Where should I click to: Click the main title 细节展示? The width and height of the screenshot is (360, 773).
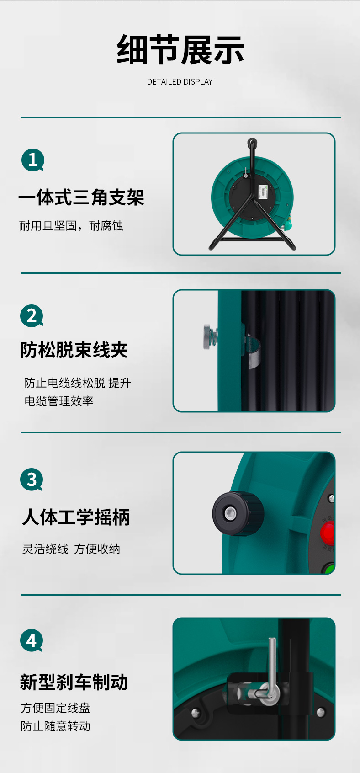tap(180, 50)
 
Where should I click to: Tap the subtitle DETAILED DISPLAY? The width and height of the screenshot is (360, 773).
tap(180, 82)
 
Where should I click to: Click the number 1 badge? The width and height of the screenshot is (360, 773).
tap(33, 160)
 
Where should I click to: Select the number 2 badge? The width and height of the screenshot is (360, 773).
tap(32, 316)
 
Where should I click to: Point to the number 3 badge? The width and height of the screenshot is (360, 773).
tap(32, 480)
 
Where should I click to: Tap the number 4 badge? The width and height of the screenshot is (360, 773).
tap(32, 640)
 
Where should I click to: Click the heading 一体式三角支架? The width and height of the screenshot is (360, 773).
tap(81, 197)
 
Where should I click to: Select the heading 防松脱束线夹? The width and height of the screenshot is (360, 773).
tap(74, 350)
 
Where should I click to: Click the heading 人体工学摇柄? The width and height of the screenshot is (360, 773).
tap(76, 517)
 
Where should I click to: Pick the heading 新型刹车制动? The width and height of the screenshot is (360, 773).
tap(74, 682)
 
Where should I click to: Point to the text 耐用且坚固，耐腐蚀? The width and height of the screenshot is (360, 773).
tap(71, 226)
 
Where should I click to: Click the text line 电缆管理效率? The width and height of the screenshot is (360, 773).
tap(58, 401)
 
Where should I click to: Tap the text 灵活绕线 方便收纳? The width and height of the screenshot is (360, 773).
tap(71, 549)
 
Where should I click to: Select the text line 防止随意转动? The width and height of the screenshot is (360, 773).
tap(55, 726)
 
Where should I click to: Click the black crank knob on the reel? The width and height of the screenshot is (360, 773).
tap(238, 514)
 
